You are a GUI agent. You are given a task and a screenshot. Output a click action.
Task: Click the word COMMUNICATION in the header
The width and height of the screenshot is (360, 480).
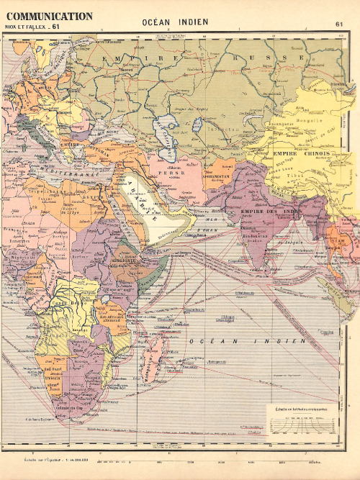click(48, 16)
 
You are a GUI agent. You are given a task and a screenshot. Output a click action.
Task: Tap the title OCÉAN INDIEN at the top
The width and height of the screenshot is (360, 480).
click(175, 22)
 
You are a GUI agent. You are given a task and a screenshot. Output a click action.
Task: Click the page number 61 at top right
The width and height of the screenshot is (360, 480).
click(338, 24)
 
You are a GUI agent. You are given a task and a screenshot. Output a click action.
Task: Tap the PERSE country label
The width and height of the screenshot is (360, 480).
click(189, 173)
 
